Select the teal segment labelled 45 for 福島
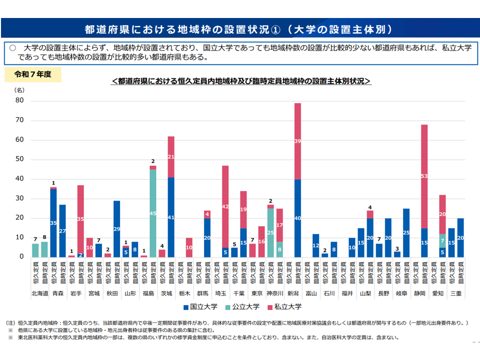click(153, 213)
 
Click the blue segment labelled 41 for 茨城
click(171, 217)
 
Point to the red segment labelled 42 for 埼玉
click(225, 206)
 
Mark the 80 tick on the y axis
click(20, 101)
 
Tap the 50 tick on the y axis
click(20, 159)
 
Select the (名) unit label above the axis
click(18, 90)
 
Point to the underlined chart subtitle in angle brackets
click(241, 80)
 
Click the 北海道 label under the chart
click(39, 293)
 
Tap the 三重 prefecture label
click(455, 293)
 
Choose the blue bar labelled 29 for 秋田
click(117, 228)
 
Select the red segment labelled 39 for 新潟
click(297, 141)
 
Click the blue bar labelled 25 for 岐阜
click(406, 232)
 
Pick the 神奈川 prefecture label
click(275, 293)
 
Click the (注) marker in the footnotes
click(11, 323)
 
